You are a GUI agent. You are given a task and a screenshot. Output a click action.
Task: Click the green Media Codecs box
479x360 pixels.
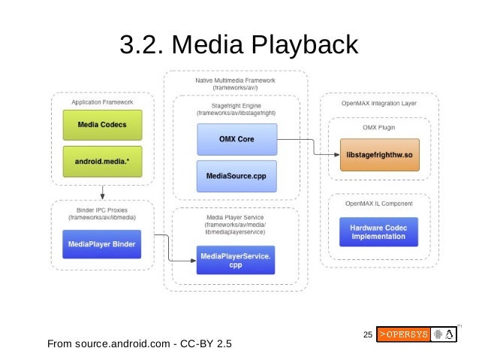tap(101, 124)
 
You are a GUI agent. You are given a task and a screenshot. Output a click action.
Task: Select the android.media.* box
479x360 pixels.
tap(101, 161)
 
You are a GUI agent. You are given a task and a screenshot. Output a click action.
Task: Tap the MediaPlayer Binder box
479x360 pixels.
tap(101, 244)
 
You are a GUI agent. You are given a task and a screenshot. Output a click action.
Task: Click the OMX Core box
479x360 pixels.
tap(236, 139)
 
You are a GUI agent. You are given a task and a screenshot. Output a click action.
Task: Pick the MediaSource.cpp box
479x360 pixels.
tap(236, 175)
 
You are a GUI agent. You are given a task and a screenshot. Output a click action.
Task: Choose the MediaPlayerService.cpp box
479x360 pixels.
tap(236, 261)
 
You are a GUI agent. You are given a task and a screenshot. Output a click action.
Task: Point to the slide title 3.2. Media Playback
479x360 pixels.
tap(239, 46)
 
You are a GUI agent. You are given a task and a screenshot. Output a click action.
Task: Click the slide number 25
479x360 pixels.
tap(367, 334)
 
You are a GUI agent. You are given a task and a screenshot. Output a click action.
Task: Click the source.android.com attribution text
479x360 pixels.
tap(139, 345)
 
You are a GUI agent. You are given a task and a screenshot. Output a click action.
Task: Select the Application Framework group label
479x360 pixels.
tap(101, 101)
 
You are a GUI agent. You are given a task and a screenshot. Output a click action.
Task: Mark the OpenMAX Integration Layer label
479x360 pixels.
tap(379, 101)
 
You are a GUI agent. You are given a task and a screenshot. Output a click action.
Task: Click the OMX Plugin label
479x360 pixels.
tap(379, 127)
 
